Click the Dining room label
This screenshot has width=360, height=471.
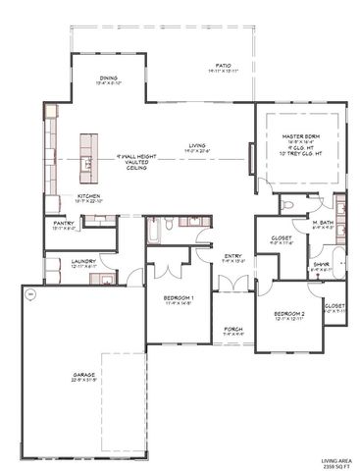coord(107,81)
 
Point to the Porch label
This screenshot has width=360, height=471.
coord(232,331)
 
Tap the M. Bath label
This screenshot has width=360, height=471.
coord(324,226)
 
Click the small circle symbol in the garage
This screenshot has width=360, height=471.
coord(29,292)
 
